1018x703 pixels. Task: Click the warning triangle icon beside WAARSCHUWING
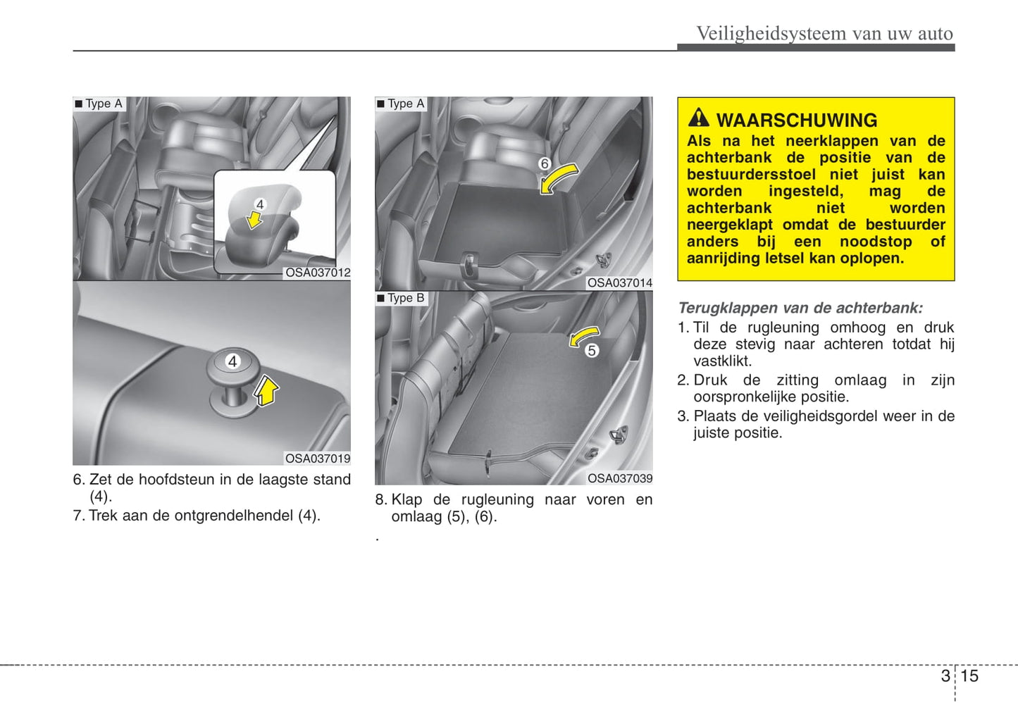click(698, 118)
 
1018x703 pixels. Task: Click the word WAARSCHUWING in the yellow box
click(796, 120)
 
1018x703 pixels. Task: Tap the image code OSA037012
click(317, 273)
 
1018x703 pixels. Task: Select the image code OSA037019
click(317, 459)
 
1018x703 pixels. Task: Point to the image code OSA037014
click(619, 282)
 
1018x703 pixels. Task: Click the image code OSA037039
click(619, 478)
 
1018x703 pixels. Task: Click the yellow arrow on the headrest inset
click(254, 220)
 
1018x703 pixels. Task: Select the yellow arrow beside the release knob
click(266, 390)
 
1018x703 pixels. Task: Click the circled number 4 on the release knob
click(232, 361)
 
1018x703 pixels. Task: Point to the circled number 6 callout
click(545, 163)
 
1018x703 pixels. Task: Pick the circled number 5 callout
click(592, 350)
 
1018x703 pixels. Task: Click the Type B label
click(405, 298)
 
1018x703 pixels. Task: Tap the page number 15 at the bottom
click(969, 676)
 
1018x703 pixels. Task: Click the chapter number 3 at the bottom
click(945, 676)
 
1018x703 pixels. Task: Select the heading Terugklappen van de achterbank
click(800, 308)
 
